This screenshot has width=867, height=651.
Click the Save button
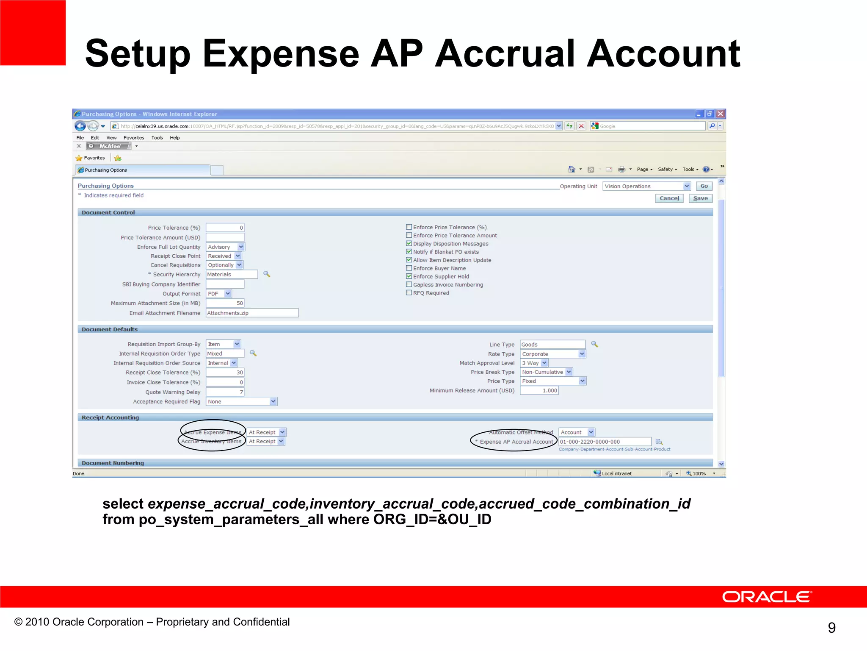pyautogui.click(x=700, y=198)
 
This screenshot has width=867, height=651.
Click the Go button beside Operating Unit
pyautogui.click(x=704, y=186)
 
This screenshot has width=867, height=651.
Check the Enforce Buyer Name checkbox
pyautogui.click(x=409, y=268)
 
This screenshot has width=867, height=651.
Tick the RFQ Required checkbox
pyautogui.click(x=409, y=293)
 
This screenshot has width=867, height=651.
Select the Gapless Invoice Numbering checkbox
pyautogui.click(x=409, y=285)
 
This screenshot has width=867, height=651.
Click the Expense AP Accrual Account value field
pyautogui.click(x=605, y=442)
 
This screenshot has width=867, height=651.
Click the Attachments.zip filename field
pyautogui.click(x=252, y=313)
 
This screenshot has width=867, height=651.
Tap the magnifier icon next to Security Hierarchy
pyautogui.click(x=267, y=274)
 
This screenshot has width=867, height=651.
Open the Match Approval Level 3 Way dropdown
pyautogui.click(x=534, y=363)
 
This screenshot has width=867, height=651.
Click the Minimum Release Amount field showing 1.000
pyautogui.click(x=539, y=391)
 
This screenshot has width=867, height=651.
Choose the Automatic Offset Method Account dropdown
pyautogui.click(x=577, y=432)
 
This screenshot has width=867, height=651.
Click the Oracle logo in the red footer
pyautogui.click(x=767, y=597)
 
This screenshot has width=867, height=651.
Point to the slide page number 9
pyautogui.click(x=831, y=628)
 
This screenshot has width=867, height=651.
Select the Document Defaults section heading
pyautogui.click(x=110, y=329)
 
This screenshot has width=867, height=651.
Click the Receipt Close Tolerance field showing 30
pyautogui.click(x=225, y=373)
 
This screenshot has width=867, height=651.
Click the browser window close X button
pyautogui.click(x=721, y=114)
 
